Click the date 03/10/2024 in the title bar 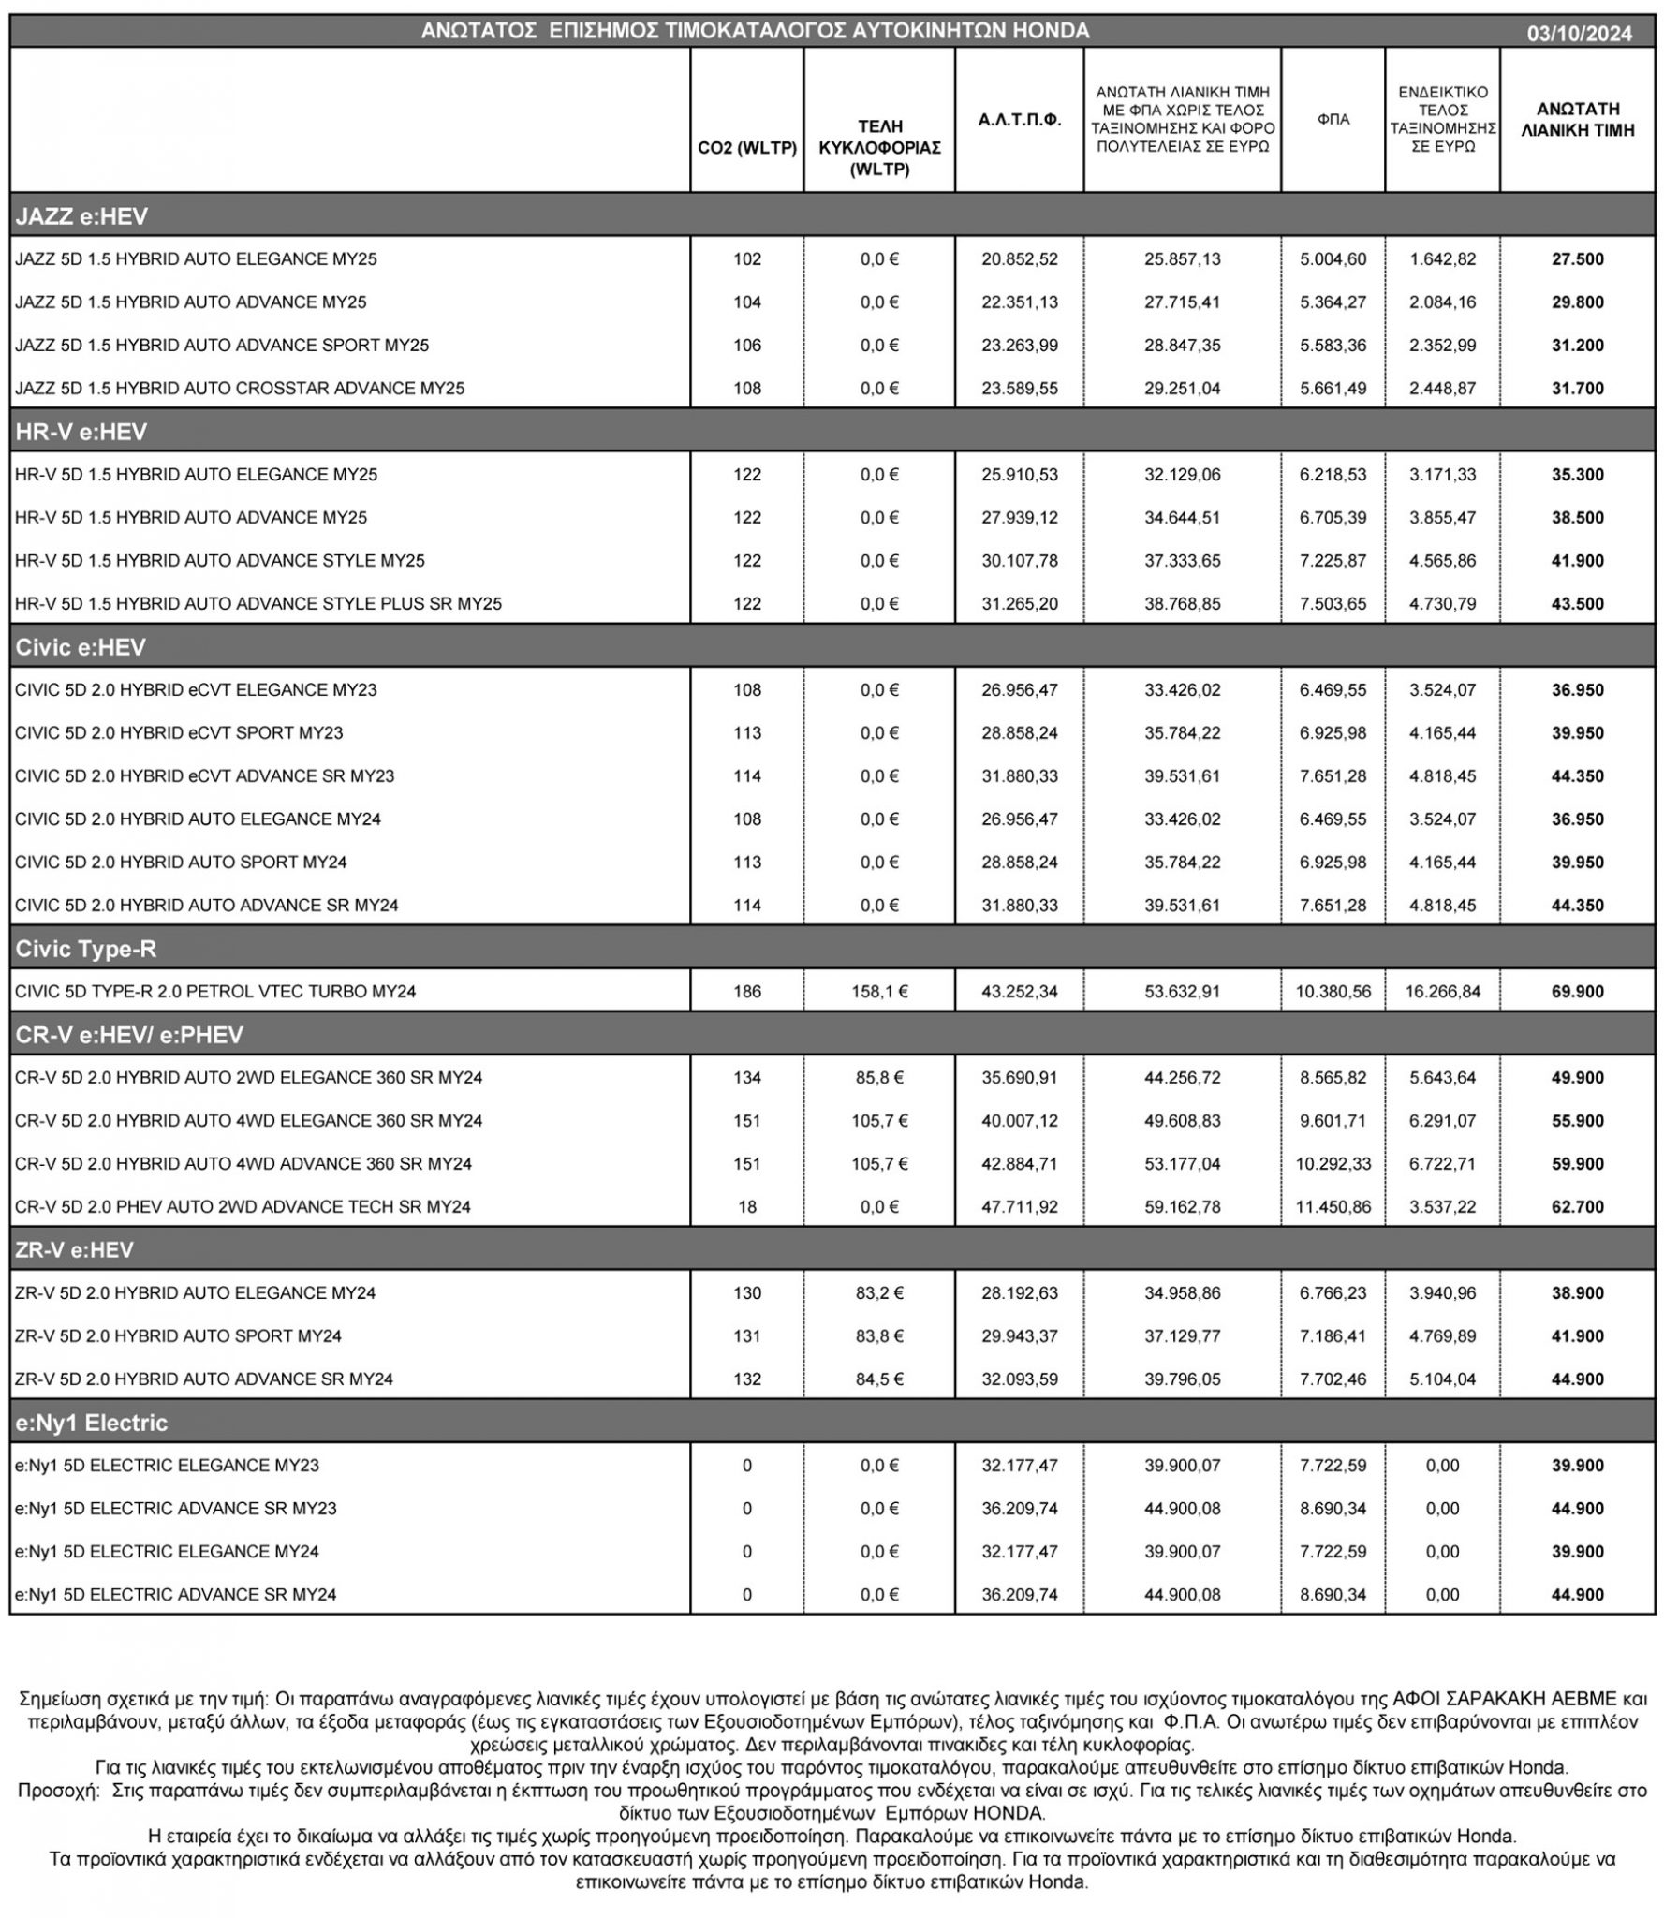click(x=1579, y=34)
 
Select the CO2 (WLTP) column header click(x=746, y=148)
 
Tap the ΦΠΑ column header click(x=1332, y=120)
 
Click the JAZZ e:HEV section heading click(x=81, y=216)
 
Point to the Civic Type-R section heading click(x=86, y=949)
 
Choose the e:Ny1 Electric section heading click(x=92, y=1423)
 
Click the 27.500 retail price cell click(x=1577, y=259)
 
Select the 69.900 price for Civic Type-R click(x=1577, y=992)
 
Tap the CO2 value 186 click(x=746, y=992)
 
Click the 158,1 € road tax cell click(x=879, y=992)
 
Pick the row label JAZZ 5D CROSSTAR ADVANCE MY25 click(x=240, y=389)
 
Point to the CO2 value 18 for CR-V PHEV click(x=746, y=1207)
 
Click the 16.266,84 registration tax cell click(x=1442, y=992)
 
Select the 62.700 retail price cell click(x=1577, y=1207)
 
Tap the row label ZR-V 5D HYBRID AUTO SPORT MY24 click(x=178, y=1336)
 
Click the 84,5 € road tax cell click(x=879, y=1379)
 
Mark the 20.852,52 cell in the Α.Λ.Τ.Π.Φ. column click(x=1019, y=259)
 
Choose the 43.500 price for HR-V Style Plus click(x=1577, y=604)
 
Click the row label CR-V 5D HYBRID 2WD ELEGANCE click(x=248, y=1078)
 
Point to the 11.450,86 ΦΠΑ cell click(x=1333, y=1207)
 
